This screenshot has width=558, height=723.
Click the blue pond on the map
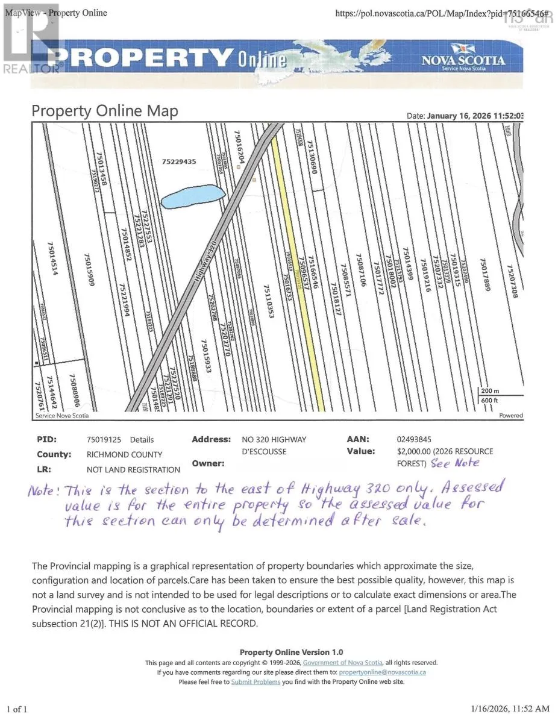tap(193, 197)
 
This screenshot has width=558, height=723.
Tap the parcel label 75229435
tap(188, 161)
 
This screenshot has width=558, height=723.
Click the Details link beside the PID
tap(142, 440)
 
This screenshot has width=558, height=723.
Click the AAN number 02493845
tap(414, 440)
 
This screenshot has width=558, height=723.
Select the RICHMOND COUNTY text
tap(125, 455)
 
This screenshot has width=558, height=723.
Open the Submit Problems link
tap(255, 682)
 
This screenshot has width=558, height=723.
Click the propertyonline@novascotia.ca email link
tap(383, 672)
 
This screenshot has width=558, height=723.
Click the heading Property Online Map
tap(105, 111)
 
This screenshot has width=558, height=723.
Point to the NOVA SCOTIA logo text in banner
tap(463, 61)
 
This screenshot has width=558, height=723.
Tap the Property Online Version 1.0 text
tap(291, 653)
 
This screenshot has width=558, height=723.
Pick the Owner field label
tap(208, 463)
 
